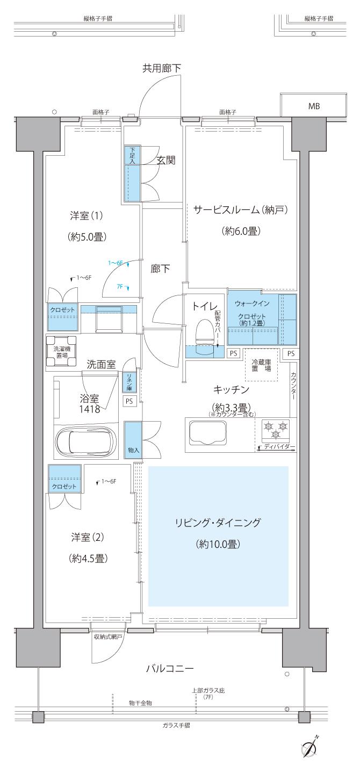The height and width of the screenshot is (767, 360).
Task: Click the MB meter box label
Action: pyautogui.click(x=314, y=106)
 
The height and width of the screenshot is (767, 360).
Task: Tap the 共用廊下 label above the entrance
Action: pyautogui.click(x=161, y=68)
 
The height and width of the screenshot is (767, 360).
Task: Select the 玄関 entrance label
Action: pyautogui.click(x=166, y=160)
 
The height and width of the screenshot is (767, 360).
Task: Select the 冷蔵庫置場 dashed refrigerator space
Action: pyautogui.click(x=262, y=366)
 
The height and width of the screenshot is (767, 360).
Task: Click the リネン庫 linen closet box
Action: pyautogui.click(x=129, y=382)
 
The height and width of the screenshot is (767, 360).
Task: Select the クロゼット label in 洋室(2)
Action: pyautogui.click(x=63, y=486)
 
